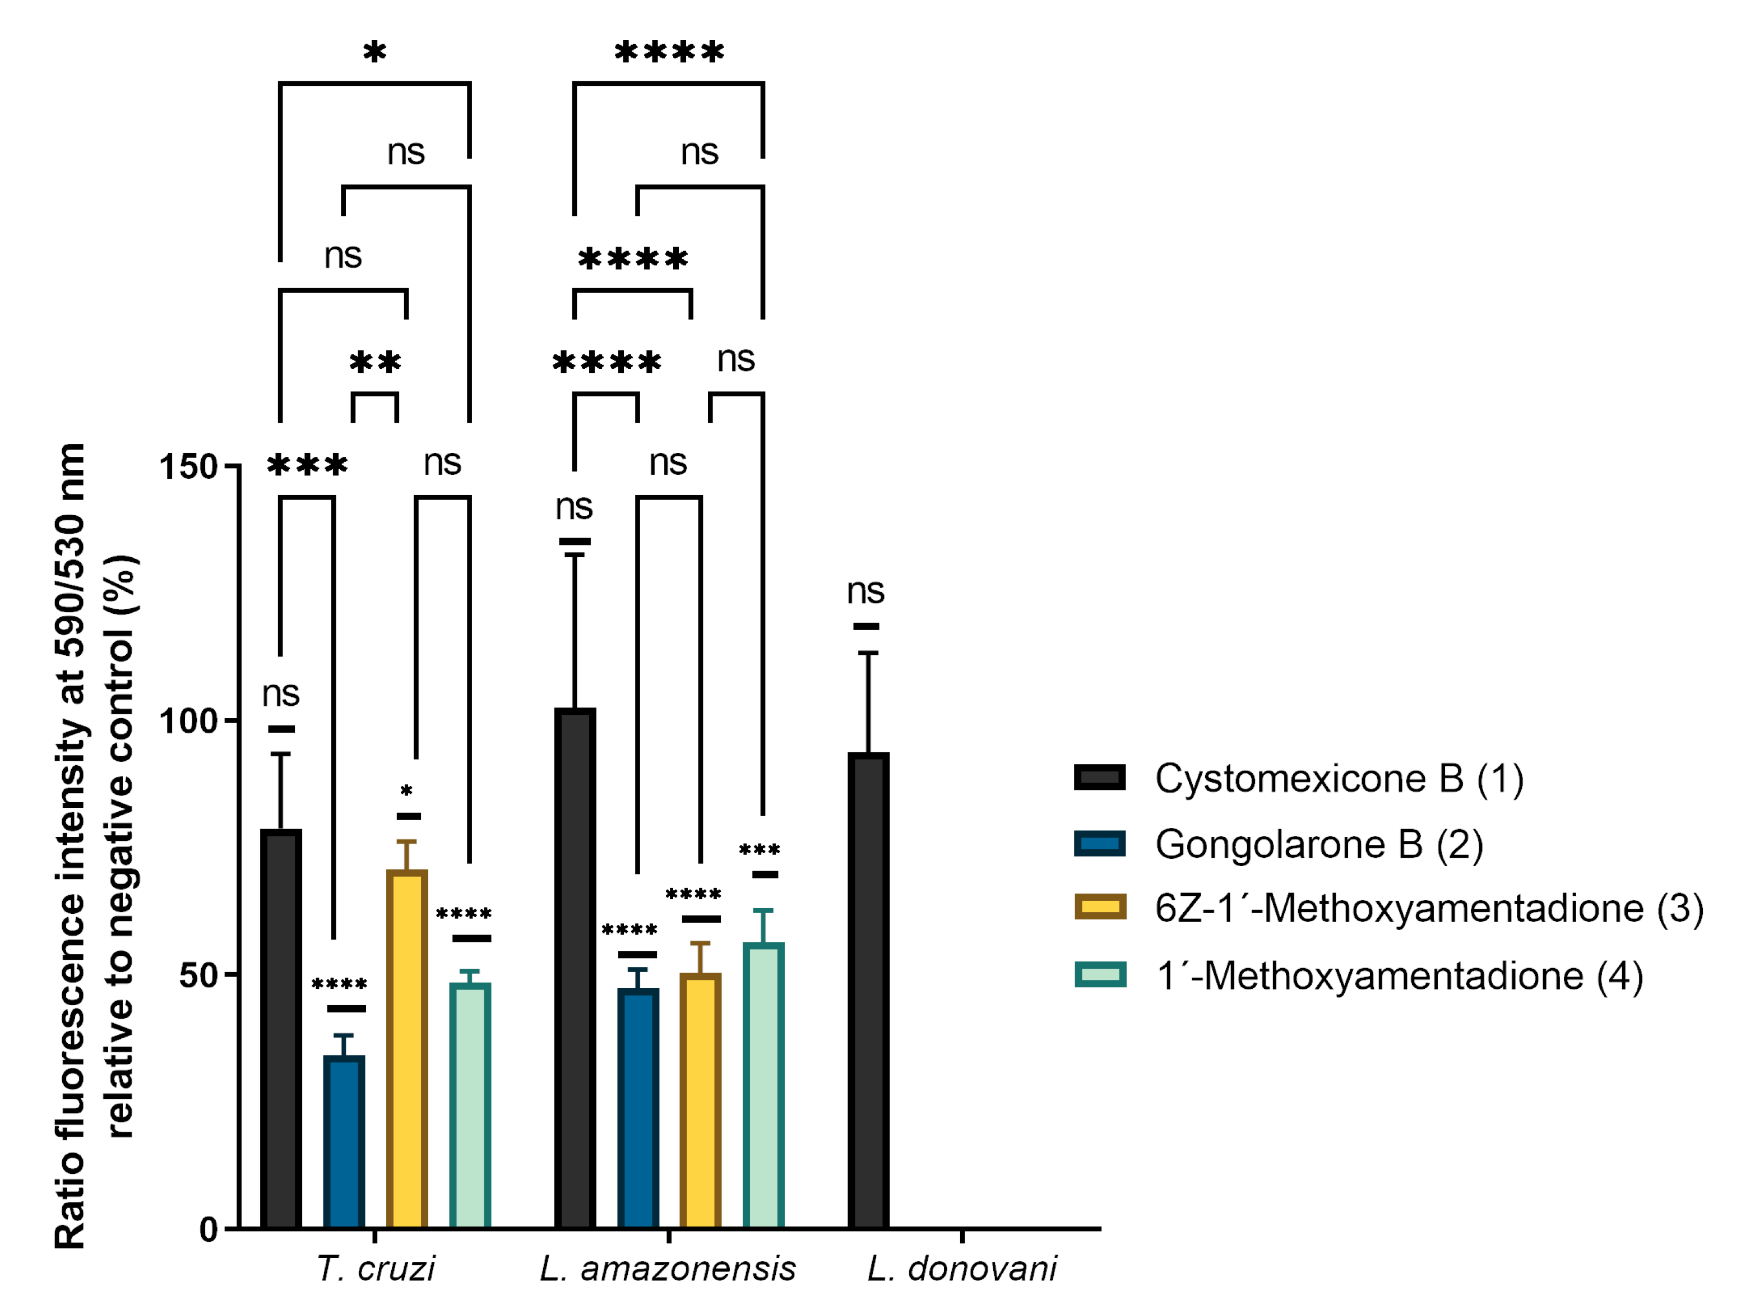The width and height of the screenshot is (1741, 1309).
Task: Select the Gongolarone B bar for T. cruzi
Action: [x=344, y=1141]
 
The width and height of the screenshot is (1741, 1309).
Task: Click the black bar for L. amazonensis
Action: [x=575, y=968]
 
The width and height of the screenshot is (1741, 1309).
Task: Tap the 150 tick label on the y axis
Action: [x=188, y=467]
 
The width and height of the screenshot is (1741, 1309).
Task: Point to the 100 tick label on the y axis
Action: [x=188, y=721]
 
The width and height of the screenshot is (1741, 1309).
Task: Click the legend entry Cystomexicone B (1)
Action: [x=1339, y=779]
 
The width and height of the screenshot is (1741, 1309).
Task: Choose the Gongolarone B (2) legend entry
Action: [x=1319, y=845]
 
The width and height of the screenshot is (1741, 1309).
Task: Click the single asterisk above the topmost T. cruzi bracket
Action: [x=374, y=53]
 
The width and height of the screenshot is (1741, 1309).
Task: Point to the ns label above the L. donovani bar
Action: [x=866, y=590]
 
